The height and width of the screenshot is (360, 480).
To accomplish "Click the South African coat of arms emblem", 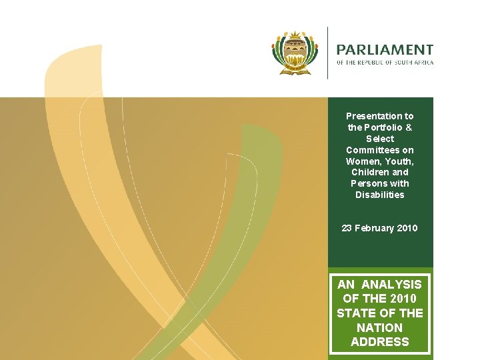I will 296,52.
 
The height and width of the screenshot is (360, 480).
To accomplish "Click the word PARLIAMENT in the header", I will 385,50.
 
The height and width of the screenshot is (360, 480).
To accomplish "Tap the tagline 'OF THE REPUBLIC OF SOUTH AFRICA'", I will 385,63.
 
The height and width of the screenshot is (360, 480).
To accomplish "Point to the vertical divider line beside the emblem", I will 327,53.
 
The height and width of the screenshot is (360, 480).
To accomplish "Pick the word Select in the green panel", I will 380,139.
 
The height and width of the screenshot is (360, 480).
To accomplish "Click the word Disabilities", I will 380,195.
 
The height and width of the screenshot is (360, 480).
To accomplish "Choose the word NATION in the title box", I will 380,327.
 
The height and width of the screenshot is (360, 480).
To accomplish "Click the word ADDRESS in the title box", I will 380,342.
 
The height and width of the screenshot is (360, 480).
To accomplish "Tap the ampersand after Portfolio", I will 409,127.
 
